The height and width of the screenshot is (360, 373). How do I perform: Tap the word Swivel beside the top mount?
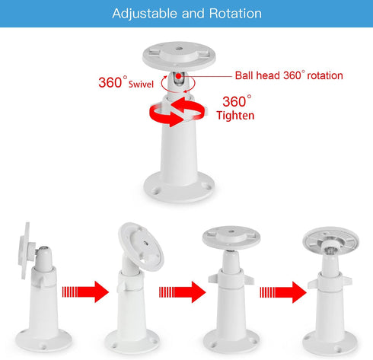[x=142, y=83]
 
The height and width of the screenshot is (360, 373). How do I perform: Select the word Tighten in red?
[x=235, y=116]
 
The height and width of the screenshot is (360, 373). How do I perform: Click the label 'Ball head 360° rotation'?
[x=289, y=75]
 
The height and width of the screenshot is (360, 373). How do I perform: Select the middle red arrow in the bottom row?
[x=183, y=291]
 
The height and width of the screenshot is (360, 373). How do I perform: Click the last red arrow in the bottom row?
[x=282, y=291]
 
